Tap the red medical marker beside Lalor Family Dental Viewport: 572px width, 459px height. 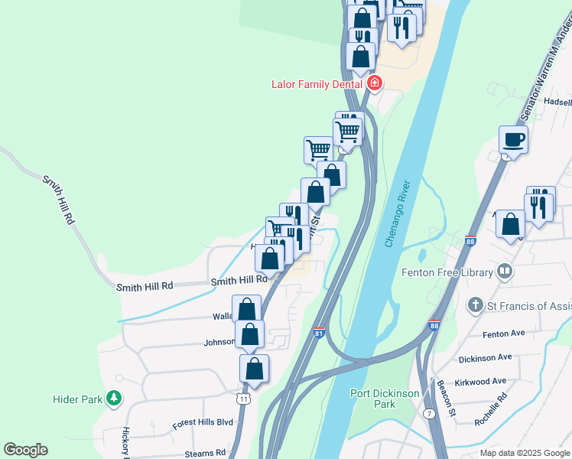tap(374, 83)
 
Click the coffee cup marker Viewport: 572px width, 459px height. tap(513, 139)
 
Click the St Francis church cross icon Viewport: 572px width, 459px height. tap(476, 306)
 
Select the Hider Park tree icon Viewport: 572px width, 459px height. tap(114, 399)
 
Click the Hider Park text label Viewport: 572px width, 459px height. tap(77, 399)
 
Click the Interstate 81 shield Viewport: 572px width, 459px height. tap(320, 331)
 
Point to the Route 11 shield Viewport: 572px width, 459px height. tap(243, 399)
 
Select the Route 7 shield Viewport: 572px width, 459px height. tap(431, 414)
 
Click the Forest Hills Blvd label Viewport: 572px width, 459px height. tap(203, 422)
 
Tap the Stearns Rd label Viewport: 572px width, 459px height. tap(204, 453)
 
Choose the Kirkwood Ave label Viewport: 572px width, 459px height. tap(479, 381)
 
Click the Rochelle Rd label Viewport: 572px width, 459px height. tap(491, 409)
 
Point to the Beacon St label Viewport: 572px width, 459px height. tap(445, 400)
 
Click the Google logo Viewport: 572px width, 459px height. tap(25, 450)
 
